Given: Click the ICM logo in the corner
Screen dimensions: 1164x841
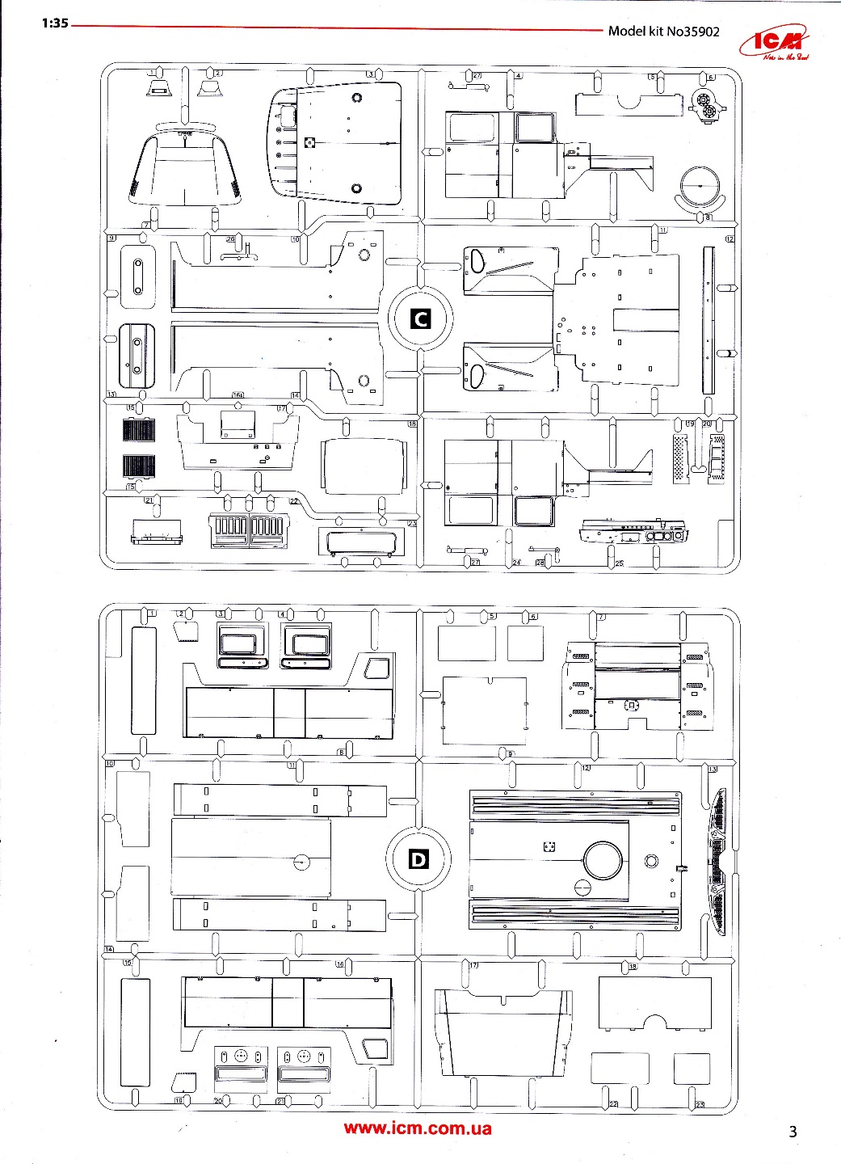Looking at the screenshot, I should pos(781,45).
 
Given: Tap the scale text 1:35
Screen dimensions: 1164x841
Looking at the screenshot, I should pos(55,23).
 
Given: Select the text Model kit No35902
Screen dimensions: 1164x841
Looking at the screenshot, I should pos(663,32).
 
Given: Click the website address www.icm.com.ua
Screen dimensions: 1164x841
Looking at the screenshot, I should pos(417,1128).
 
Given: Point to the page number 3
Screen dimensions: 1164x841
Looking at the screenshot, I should pos(793,1132).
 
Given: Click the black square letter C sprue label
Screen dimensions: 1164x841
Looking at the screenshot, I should pos(420,318).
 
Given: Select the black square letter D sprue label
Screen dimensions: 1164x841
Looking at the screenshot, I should pos(418,859).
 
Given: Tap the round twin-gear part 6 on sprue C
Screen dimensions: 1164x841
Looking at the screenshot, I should pos(708,104).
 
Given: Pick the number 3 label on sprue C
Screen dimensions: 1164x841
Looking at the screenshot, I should pos(370,74).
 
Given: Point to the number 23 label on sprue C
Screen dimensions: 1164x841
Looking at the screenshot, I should pos(411,524).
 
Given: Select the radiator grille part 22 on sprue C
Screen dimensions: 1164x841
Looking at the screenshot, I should pos(246,530).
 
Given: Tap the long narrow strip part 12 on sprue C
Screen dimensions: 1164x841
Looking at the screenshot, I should pos(709,320).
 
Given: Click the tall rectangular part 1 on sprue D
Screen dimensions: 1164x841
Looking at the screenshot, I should pos(144,680).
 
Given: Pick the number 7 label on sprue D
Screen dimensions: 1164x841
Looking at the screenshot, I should pos(601,618).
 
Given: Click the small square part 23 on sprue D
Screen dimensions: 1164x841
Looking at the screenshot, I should pos(692,1069).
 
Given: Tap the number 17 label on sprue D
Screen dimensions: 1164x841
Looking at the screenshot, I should pos(473,965).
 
